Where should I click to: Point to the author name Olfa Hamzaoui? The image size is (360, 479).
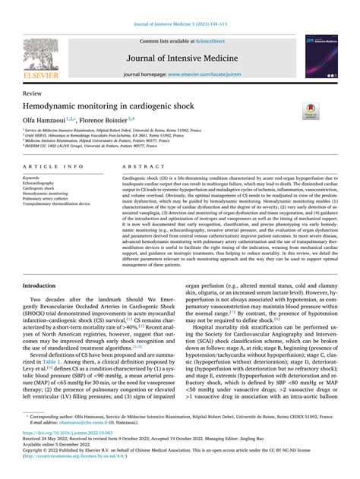point(50,120)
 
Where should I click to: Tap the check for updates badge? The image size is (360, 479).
point(311,110)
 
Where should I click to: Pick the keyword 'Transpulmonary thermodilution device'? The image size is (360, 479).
point(56,203)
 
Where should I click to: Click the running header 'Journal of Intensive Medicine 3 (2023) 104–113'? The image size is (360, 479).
point(180,6)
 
